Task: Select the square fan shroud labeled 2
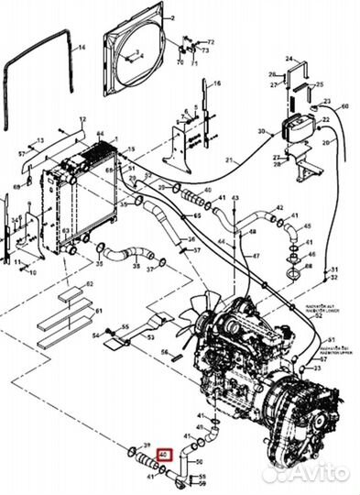(138, 54)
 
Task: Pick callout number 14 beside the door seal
(82, 47)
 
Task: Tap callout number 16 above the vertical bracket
(217, 83)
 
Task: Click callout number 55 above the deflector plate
(124, 327)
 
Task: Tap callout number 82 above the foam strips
(90, 286)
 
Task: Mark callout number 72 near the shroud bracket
(211, 42)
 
